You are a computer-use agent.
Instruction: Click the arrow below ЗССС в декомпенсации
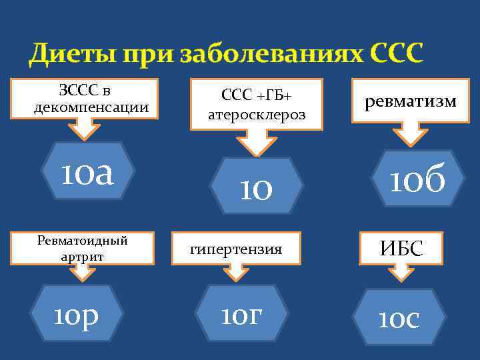85,129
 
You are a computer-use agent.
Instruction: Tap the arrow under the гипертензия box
235,272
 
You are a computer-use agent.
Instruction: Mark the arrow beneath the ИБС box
399,273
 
